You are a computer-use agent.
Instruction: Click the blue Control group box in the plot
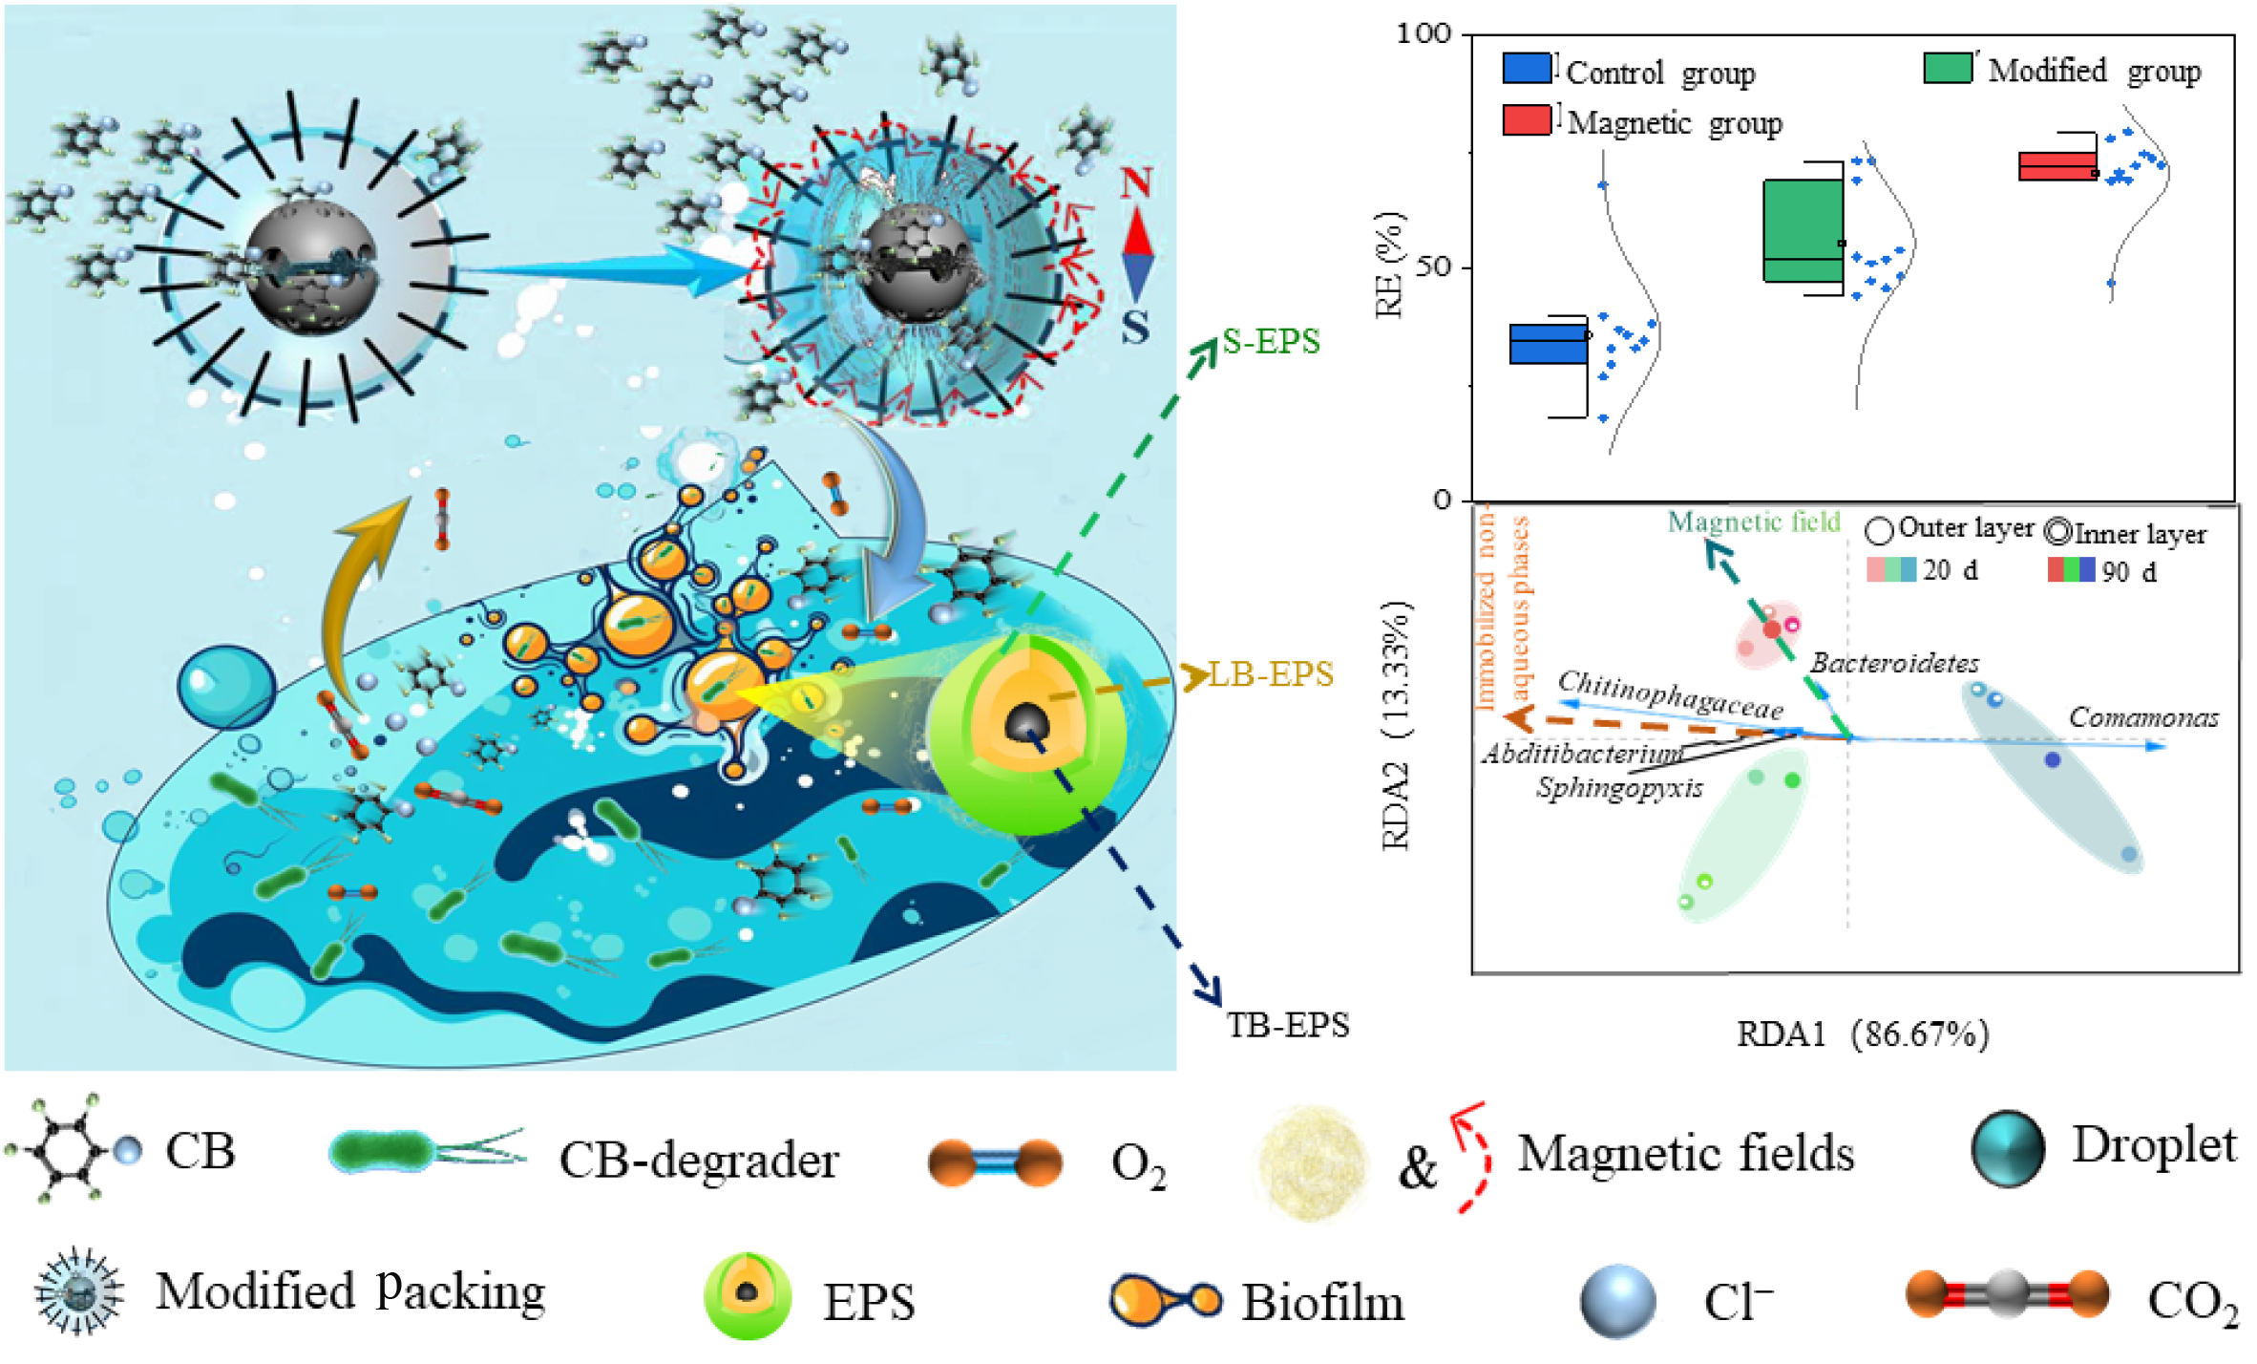click(1549, 344)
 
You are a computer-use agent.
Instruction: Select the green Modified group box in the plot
click(1803, 231)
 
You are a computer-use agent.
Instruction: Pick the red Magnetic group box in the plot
click(2057, 166)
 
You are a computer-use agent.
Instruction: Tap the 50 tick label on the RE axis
click(1432, 266)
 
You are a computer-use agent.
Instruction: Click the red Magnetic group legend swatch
click(1526, 120)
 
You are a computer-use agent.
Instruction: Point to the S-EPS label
click(1271, 342)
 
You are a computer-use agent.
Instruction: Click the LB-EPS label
click(1270, 674)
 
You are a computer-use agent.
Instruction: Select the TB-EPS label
click(1287, 1025)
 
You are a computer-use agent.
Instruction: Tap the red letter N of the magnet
click(1136, 181)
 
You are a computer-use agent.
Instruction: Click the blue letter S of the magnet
click(1135, 327)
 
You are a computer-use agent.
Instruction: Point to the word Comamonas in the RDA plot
click(2143, 717)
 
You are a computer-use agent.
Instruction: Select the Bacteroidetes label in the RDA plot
click(1894, 663)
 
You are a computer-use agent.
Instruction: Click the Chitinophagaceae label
click(1670, 694)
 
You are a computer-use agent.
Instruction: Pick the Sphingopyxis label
click(1619, 788)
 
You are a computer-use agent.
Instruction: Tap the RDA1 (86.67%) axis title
click(1862, 1034)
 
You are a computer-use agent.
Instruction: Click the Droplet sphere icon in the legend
click(2007, 1149)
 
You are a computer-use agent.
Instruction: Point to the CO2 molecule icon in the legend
click(2006, 1295)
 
